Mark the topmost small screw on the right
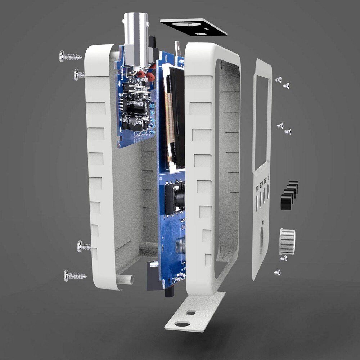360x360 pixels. pyautogui.click(x=278, y=79)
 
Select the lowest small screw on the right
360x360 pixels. pyautogui.click(x=277, y=272)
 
